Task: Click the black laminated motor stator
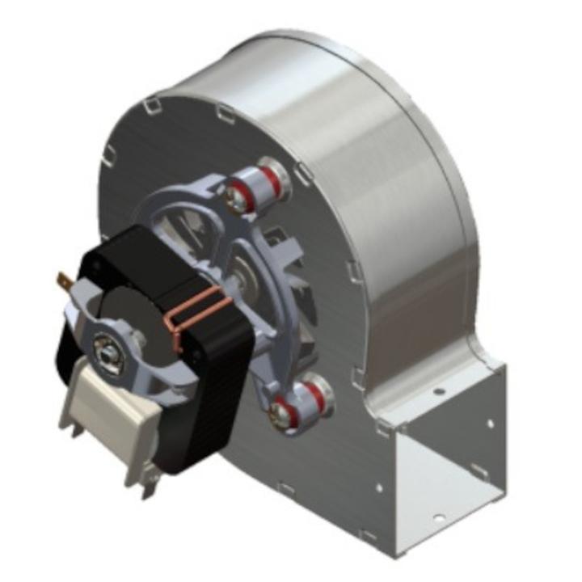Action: (202, 380)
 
